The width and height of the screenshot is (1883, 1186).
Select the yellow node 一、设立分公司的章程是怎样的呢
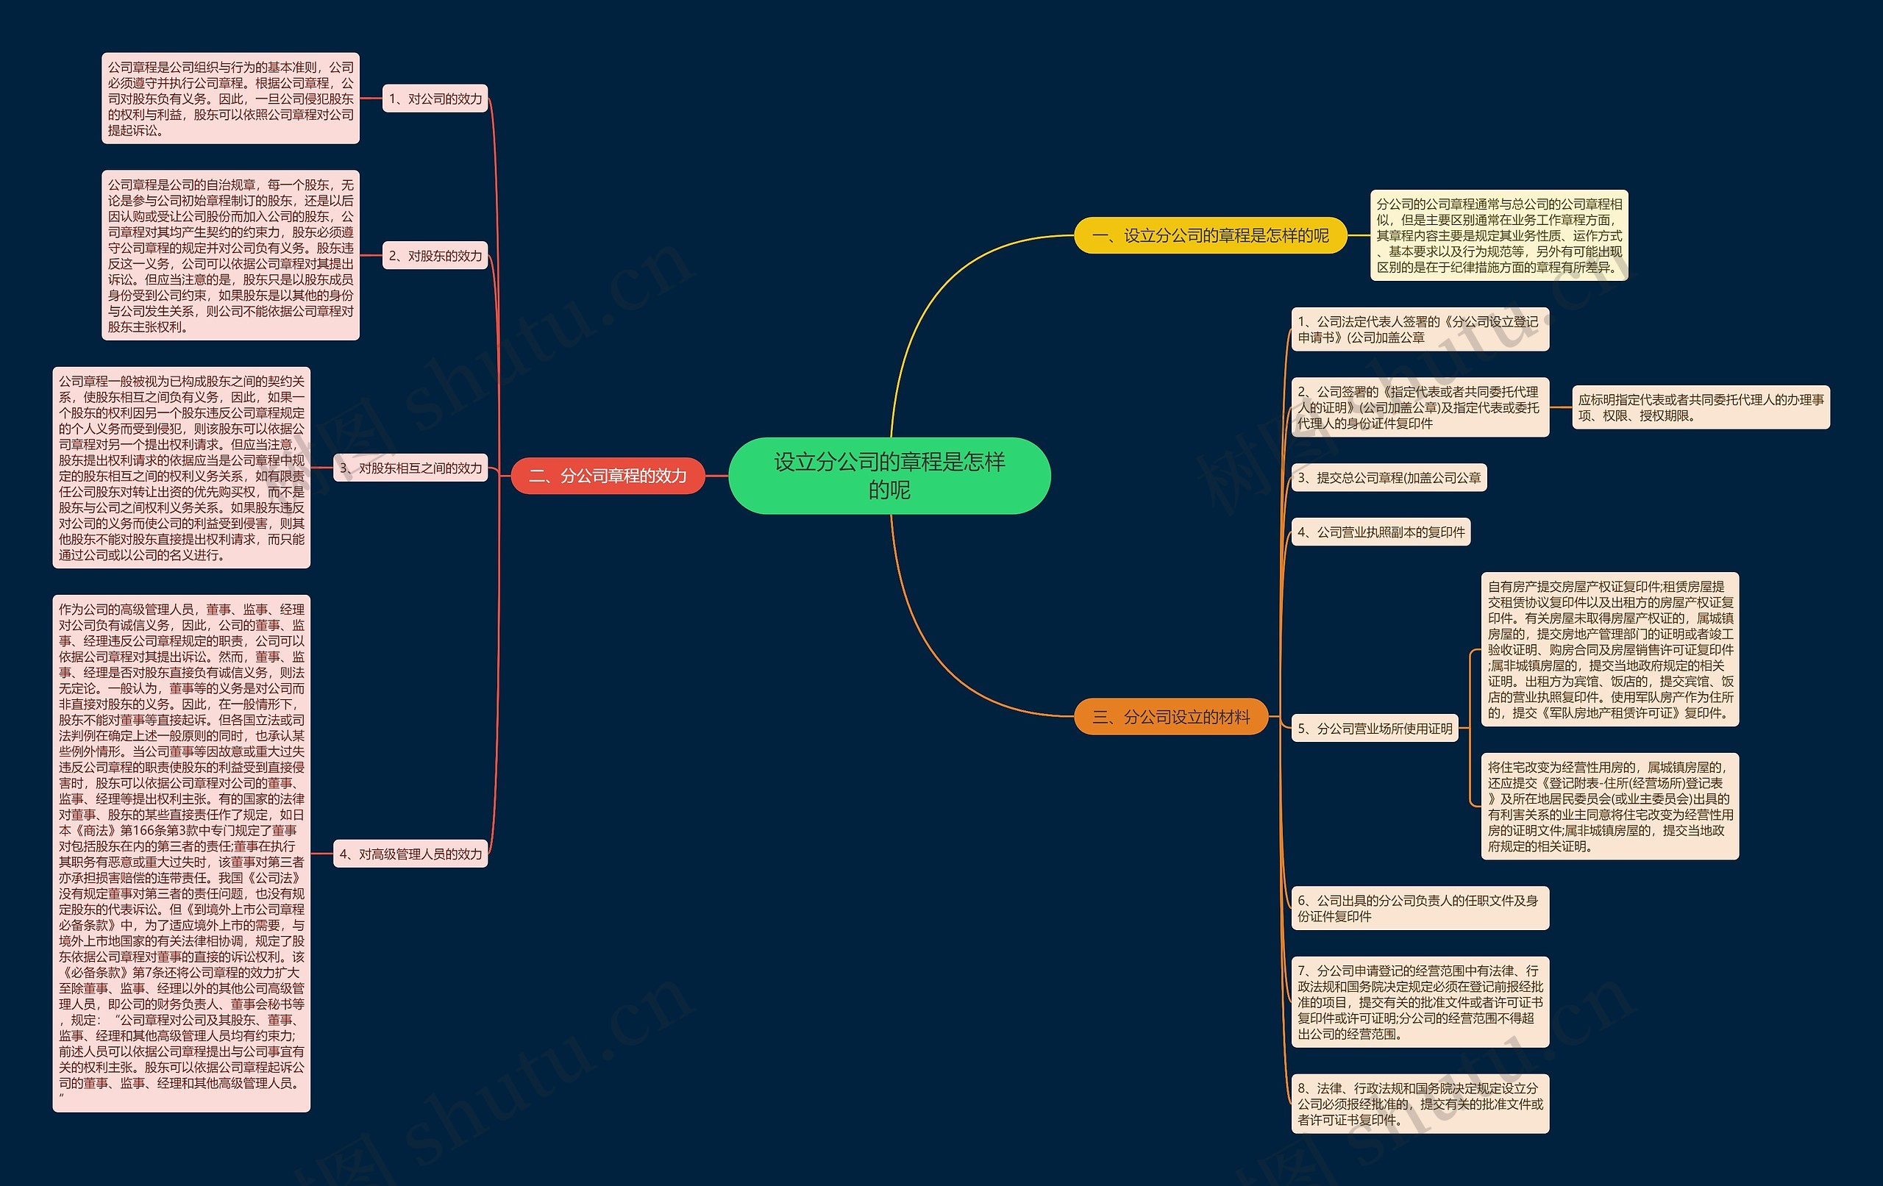click(x=1210, y=235)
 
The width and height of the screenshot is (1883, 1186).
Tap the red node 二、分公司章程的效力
click(x=608, y=475)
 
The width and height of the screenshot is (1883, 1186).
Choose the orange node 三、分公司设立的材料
click(x=1170, y=716)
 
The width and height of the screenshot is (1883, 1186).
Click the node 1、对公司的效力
click(x=435, y=99)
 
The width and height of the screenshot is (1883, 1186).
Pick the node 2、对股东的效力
click(x=435, y=256)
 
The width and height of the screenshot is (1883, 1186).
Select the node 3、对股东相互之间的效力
click(x=410, y=468)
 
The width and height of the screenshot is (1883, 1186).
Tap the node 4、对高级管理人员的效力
click(x=410, y=854)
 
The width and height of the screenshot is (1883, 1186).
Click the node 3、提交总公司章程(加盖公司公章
click(x=1389, y=478)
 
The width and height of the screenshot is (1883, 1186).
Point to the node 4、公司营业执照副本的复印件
click(x=1381, y=532)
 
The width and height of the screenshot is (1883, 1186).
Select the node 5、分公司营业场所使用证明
click(x=1375, y=729)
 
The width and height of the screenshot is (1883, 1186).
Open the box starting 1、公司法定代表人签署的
click(x=1420, y=329)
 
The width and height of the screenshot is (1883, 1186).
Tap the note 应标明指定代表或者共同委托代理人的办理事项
click(x=1701, y=407)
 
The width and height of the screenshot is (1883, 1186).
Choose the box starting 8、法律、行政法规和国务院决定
click(x=1420, y=1104)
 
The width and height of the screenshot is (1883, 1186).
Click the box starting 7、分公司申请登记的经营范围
click(x=1420, y=1002)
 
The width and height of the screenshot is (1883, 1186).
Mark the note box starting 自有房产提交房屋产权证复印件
click(x=1610, y=650)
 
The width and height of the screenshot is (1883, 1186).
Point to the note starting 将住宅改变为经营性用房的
click(x=1610, y=807)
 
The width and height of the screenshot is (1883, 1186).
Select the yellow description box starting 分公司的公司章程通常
click(x=1499, y=235)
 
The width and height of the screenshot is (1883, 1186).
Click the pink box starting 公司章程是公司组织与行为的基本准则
click(x=231, y=99)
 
